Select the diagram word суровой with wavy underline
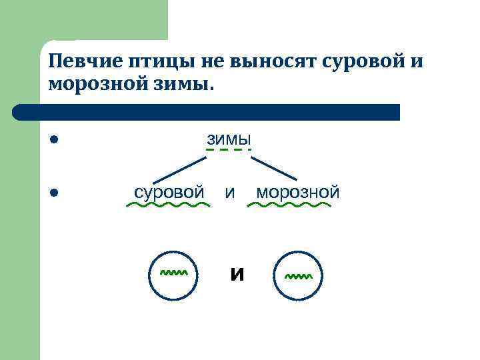pos(169,192)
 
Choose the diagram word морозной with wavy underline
pos(297,192)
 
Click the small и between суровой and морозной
pos(230,193)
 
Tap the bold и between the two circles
pos(236,274)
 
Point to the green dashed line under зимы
pos(229,150)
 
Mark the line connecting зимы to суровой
pos(180,169)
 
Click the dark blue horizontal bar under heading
pos(207,112)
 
